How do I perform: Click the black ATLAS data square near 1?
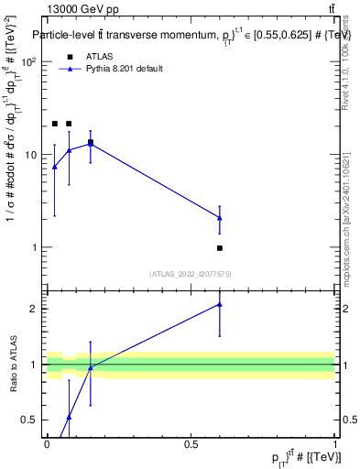coord(220,248)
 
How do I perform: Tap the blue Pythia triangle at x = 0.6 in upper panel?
coord(220,217)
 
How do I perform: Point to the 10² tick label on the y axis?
coord(29,61)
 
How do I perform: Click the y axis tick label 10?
coord(32,155)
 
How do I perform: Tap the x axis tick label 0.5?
coord(191,444)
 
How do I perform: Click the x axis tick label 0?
coord(47,444)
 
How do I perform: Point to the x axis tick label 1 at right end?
coord(334,444)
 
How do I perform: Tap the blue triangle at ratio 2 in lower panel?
coord(220,304)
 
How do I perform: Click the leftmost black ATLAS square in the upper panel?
coord(55,124)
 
